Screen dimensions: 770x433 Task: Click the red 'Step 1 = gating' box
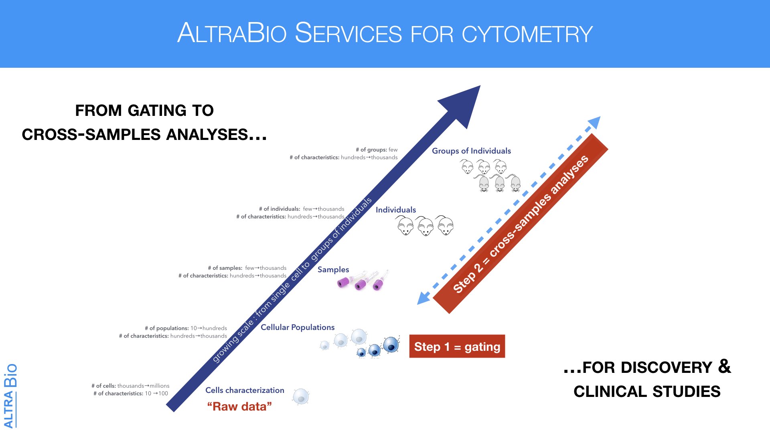tap(457, 346)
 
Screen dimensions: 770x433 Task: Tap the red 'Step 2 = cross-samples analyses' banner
tap(521, 224)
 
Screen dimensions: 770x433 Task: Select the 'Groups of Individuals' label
tap(471, 151)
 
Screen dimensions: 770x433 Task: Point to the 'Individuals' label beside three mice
tap(395, 210)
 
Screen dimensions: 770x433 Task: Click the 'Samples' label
tap(333, 270)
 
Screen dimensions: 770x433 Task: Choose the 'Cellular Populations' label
tap(298, 327)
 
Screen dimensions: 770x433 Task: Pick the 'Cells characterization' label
tap(245, 390)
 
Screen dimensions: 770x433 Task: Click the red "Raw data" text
tap(239, 407)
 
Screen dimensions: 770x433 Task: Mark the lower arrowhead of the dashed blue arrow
tap(423, 298)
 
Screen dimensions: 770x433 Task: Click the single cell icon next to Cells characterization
tap(300, 397)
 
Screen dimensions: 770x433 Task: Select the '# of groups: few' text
tap(377, 150)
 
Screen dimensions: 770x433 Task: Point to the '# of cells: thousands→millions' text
tap(130, 386)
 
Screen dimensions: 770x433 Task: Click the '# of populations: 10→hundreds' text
tap(186, 328)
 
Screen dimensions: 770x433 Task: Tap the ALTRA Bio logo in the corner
tap(10, 396)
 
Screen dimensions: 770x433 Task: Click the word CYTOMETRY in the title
tap(527, 34)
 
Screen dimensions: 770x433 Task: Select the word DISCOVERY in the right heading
tap(647, 368)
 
